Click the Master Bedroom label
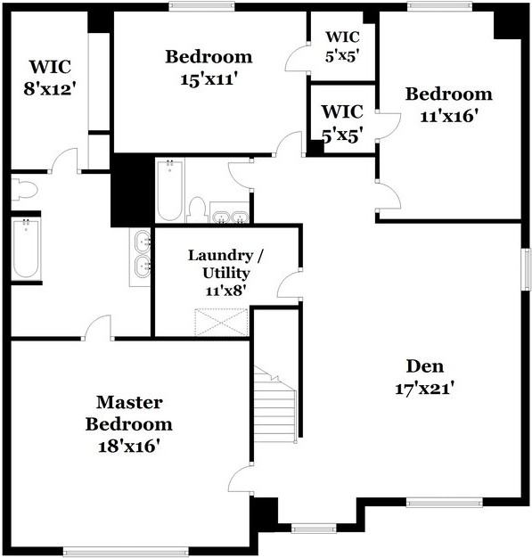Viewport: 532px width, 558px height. coord(129,413)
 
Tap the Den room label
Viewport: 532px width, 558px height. coord(424,365)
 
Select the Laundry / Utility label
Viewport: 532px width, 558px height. coord(225,264)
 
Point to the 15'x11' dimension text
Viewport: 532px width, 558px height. coord(209,78)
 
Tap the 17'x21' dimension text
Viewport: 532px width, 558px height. coord(424,388)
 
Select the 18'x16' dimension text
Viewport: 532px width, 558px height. coord(129,446)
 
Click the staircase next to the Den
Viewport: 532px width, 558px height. coord(275,406)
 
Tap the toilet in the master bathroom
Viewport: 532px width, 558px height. coord(24,189)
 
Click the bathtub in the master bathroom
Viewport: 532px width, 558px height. coord(26,249)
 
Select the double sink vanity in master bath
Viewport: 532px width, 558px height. coord(141,256)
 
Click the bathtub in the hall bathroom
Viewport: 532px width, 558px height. coord(169,190)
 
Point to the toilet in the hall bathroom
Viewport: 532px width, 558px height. coord(198,210)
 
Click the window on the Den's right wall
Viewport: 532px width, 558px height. coord(526,268)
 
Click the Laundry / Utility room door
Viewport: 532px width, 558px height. coord(290,285)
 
